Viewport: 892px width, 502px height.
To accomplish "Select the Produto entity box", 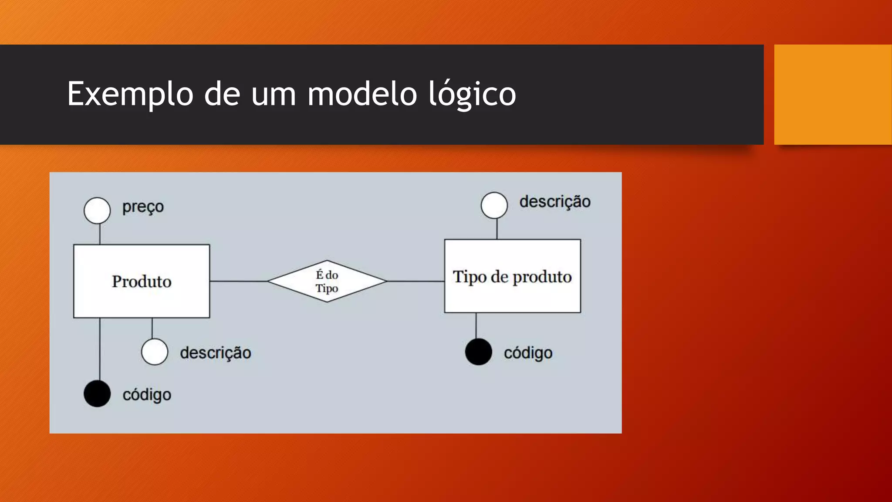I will pos(142,281).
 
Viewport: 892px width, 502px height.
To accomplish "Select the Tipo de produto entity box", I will pos(512,276).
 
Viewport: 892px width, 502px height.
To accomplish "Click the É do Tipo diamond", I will pos(327,281).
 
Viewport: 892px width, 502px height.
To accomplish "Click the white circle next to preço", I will pos(97,210).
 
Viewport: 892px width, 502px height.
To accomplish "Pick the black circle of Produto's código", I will pos(97,393).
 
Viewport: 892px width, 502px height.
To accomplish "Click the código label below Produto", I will pos(147,395).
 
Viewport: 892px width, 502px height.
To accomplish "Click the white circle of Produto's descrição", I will pos(155,352).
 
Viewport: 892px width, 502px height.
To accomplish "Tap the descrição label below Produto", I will pos(216,353).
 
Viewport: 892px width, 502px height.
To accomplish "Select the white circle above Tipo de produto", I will pos(494,205).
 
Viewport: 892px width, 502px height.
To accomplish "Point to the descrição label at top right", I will pos(555,202).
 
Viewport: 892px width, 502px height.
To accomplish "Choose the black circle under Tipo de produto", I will pos(478,352).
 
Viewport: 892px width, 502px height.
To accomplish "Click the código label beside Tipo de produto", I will pos(528,353).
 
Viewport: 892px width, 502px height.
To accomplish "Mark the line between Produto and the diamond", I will pos(238,281).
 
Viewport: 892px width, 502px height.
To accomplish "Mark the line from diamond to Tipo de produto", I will pos(416,281).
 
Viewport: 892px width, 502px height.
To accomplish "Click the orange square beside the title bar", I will pos(833,95).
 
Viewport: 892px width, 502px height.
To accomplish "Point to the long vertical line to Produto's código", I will pos(100,349).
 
